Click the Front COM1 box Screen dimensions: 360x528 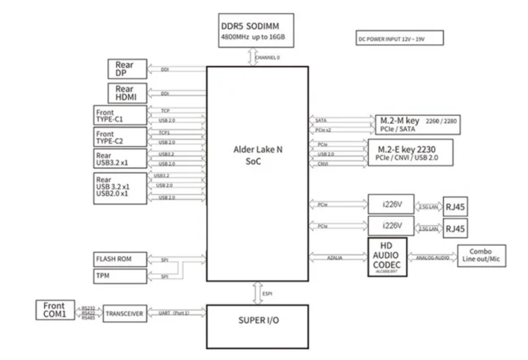coord(56,309)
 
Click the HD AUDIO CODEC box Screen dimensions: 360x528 coord(387,256)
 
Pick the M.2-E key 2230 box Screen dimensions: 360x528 coord(414,152)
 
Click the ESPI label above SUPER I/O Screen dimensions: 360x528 coord(268,295)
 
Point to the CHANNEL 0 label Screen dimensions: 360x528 coord(268,57)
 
